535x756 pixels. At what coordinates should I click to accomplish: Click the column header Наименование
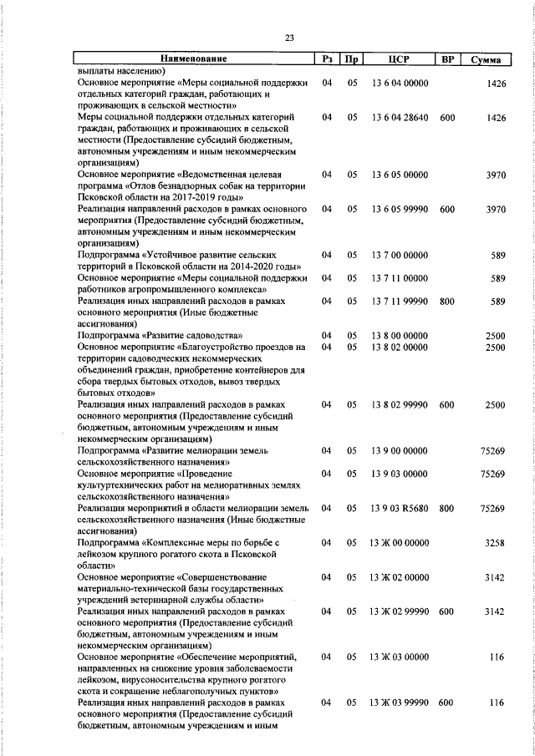tap(193, 60)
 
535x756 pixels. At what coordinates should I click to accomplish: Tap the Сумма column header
tap(486, 60)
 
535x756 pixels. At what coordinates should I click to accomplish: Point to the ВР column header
tap(447, 60)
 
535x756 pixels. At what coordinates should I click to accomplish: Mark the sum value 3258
tap(495, 542)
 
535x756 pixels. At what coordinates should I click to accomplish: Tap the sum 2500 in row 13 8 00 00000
tap(495, 335)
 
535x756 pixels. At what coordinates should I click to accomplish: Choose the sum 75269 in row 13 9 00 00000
tap(492, 450)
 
